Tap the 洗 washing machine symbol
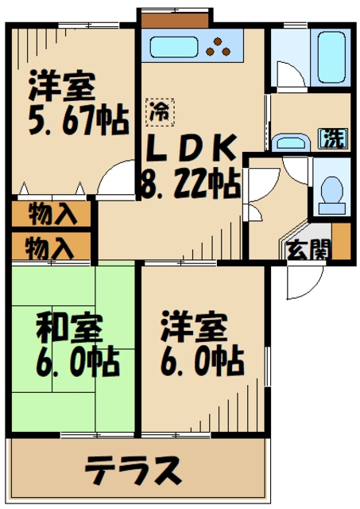(333, 138)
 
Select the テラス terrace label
(133, 470)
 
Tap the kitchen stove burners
(219, 47)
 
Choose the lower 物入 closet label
(49, 247)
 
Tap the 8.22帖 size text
(191, 185)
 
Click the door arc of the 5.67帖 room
(116, 176)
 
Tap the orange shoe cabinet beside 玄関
(341, 242)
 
